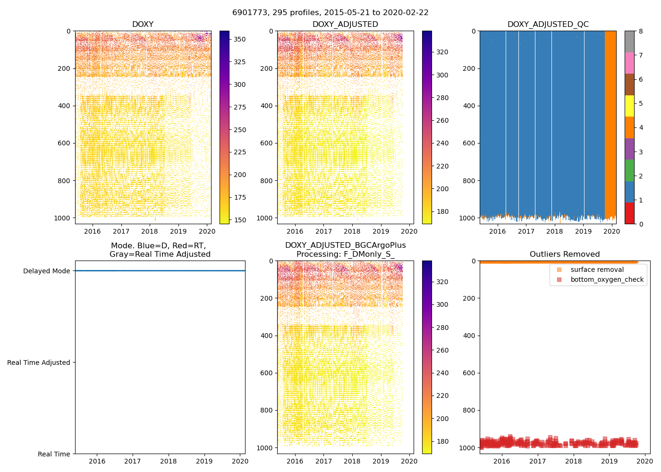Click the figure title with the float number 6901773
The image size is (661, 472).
click(x=330, y=13)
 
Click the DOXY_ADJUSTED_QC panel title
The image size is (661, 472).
click(x=548, y=25)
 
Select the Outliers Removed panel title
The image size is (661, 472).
click(x=564, y=254)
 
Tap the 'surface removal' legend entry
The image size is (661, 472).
click(x=597, y=270)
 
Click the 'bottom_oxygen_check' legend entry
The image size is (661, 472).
click(x=607, y=280)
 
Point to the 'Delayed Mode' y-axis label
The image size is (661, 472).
click(x=46, y=271)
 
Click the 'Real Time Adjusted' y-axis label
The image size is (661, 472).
click(x=39, y=362)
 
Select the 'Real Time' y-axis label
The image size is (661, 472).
click(x=54, y=454)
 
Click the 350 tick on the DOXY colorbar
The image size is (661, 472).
click(x=240, y=39)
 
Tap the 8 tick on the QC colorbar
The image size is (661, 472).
click(x=640, y=31)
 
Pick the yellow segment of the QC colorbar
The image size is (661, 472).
click(x=629, y=106)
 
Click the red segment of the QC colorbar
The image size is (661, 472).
click(x=629, y=213)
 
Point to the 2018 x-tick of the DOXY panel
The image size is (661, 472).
click(x=150, y=231)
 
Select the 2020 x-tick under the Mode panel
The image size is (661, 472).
click(x=240, y=461)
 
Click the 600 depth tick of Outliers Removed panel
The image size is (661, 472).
click(x=469, y=373)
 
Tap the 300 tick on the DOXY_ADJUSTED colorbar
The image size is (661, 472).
click(x=442, y=75)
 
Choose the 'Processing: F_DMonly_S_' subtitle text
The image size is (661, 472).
click(x=345, y=254)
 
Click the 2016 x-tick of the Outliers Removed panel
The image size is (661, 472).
click(x=501, y=461)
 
